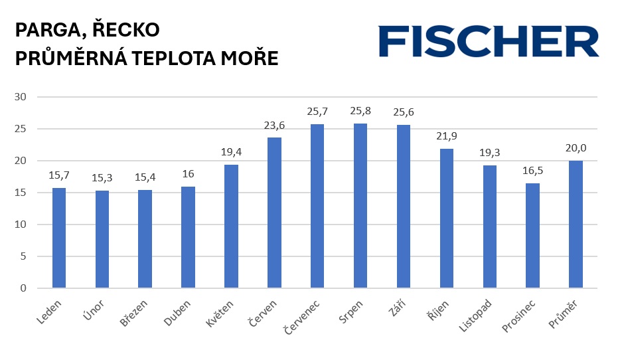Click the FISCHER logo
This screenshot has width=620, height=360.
pyautogui.click(x=489, y=41)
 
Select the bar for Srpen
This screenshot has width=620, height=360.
pyautogui.click(x=360, y=206)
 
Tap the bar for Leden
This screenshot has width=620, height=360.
pyautogui.click(x=59, y=238)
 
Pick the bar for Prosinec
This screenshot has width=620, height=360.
pyautogui.click(x=532, y=235)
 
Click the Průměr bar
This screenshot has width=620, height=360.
pyautogui.click(x=576, y=225)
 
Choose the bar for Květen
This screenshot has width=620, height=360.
pyautogui.click(x=231, y=226)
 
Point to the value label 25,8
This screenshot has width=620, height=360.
pyautogui.click(x=360, y=111)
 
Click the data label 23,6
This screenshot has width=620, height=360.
pyautogui.click(x=274, y=126)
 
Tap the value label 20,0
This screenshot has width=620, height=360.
pyautogui.click(x=576, y=148)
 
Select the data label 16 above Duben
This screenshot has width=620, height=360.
pyautogui.click(x=188, y=173)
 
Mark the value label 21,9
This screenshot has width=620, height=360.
pyautogui.click(x=447, y=136)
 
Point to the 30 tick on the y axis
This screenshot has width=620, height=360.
pyautogui.click(x=20, y=97)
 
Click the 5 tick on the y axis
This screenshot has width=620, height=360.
pyautogui.click(x=23, y=256)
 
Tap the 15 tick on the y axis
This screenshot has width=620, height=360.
pyautogui.click(x=20, y=193)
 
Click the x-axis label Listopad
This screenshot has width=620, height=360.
pyautogui.click(x=475, y=315)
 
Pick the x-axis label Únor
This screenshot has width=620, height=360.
pyautogui.click(x=94, y=310)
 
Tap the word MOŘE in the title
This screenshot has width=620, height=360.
pyautogui.click(x=250, y=58)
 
